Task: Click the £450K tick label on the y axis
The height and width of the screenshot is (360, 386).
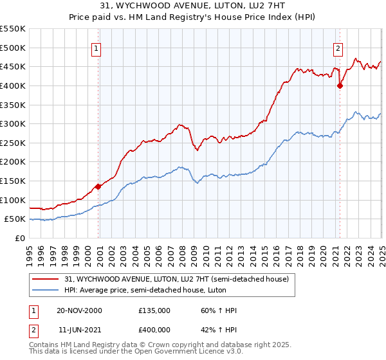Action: pyautogui.click(x=12, y=66)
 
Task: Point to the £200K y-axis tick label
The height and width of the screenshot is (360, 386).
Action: pyautogui.click(x=12, y=161)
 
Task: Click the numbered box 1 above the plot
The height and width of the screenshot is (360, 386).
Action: pyautogui.click(x=96, y=47)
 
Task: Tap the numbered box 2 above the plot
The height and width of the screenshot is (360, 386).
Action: pyautogui.click(x=338, y=47)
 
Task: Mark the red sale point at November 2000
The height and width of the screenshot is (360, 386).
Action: pyautogui.click(x=98, y=186)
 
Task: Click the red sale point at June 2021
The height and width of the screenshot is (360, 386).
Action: pyautogui.click(x=340, y=85)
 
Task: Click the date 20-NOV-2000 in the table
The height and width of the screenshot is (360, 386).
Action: pyautogui.click(x=79, y=310)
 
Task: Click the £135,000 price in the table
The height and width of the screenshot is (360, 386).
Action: pyautogui.click(x=154, y=310)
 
